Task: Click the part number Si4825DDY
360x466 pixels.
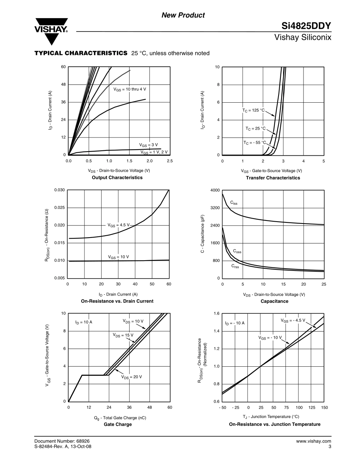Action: click(306, 26)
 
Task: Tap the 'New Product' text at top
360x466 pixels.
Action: click(183, 15)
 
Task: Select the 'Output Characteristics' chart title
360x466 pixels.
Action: click(117, 177)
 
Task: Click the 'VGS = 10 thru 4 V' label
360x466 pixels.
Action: click(130, 89)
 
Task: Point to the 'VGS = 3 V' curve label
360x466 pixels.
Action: click(148, 145)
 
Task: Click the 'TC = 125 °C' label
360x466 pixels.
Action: click(254, 110)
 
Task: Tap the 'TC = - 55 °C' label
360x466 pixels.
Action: click(255, 142)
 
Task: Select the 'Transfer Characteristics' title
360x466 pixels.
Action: click(273, 178)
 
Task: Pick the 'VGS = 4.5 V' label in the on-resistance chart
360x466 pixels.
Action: click(119, 225)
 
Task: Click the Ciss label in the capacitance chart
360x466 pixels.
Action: click(234, 203)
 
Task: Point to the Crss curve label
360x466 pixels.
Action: click(235, 266)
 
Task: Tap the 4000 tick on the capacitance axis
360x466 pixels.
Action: click(215, 190)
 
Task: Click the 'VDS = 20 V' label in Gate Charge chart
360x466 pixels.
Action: click(131, 377)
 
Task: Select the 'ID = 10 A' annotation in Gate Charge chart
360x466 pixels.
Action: click(84, 322)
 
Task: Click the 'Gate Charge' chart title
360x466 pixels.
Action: click(118, 424)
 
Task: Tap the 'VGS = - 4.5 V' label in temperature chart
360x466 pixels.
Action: click(293, 321)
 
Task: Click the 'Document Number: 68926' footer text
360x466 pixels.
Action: click(62, 441)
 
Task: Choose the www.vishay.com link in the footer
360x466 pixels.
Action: click(313, 441)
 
